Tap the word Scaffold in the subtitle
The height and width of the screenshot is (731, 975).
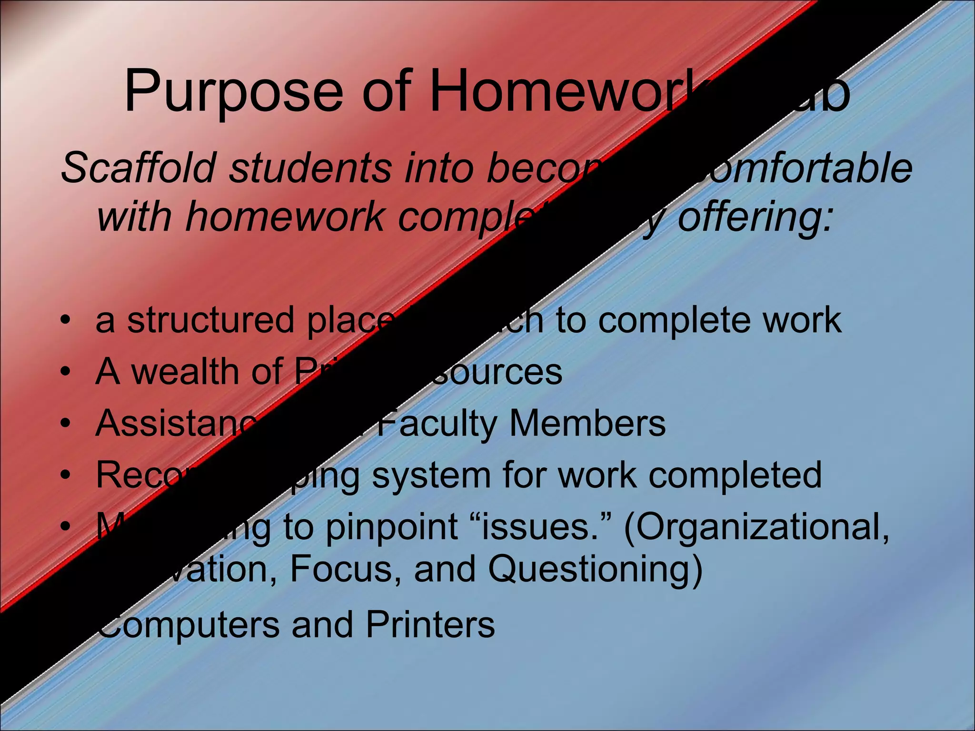(x=138, y=168)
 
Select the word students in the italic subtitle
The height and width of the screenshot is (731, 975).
(x=309, y=168)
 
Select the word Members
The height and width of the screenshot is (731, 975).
(x=587, y=424)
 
